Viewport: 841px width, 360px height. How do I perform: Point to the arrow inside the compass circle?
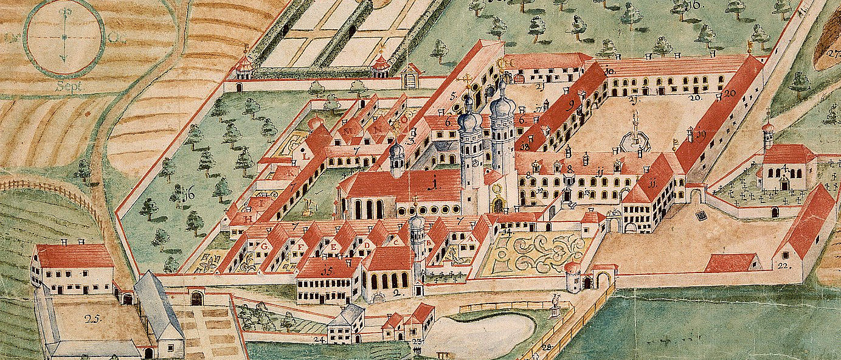click(63, 37)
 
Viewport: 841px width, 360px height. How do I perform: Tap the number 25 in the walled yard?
click(93, 317)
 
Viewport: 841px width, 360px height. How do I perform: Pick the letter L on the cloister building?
click(302, 154)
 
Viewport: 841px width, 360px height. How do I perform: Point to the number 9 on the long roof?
click(571, 104)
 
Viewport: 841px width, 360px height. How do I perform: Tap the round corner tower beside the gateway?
click(573, 277)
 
